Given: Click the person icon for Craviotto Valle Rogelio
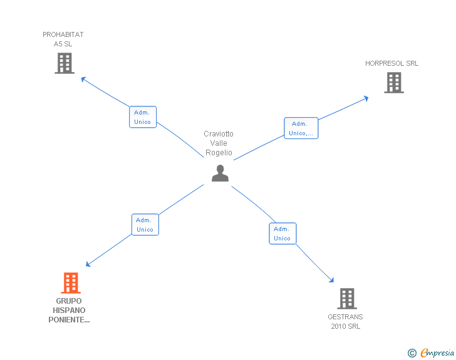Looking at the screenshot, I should (x=220, y=173).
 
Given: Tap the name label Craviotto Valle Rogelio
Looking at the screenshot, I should (x=219, y=143).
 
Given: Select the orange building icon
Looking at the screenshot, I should (x=71, y=283).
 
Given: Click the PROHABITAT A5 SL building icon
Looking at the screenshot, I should (x=65, y=63).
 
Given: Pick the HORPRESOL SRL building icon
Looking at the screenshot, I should (x=393, y=83).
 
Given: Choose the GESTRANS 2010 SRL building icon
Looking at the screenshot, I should (x=346, y=299).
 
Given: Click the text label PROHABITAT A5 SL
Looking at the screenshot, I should (x=63, y=39).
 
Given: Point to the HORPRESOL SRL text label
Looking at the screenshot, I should (x=392, y=63).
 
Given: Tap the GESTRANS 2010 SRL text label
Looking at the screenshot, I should (x=345, y=321).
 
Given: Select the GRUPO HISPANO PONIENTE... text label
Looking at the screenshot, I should (x=69, y=311).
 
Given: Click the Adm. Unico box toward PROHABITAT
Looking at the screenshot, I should (x=143, y=117).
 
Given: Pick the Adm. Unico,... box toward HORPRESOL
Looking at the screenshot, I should (x=301, y=128).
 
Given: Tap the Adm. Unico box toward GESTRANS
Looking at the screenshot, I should (x=282, y=234).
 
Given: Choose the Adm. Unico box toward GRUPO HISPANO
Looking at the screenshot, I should (x=145, y=225).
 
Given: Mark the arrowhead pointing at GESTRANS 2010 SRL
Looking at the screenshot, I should (x=331, y=281).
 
